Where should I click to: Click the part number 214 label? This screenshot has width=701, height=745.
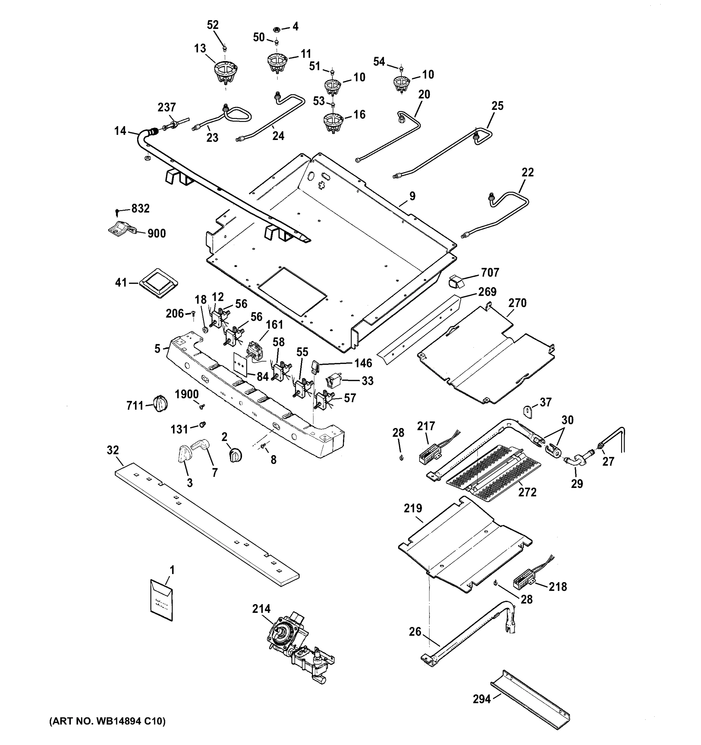(261, 609)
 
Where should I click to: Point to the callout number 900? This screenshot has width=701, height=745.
(156, 233)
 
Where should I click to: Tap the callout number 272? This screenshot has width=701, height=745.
(527, 492)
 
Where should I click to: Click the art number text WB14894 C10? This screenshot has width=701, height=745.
(107, 721)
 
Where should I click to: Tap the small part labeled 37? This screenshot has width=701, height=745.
(528, 412)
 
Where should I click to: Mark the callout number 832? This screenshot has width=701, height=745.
(140, 208)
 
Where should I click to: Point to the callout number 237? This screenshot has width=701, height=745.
(167, 107)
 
